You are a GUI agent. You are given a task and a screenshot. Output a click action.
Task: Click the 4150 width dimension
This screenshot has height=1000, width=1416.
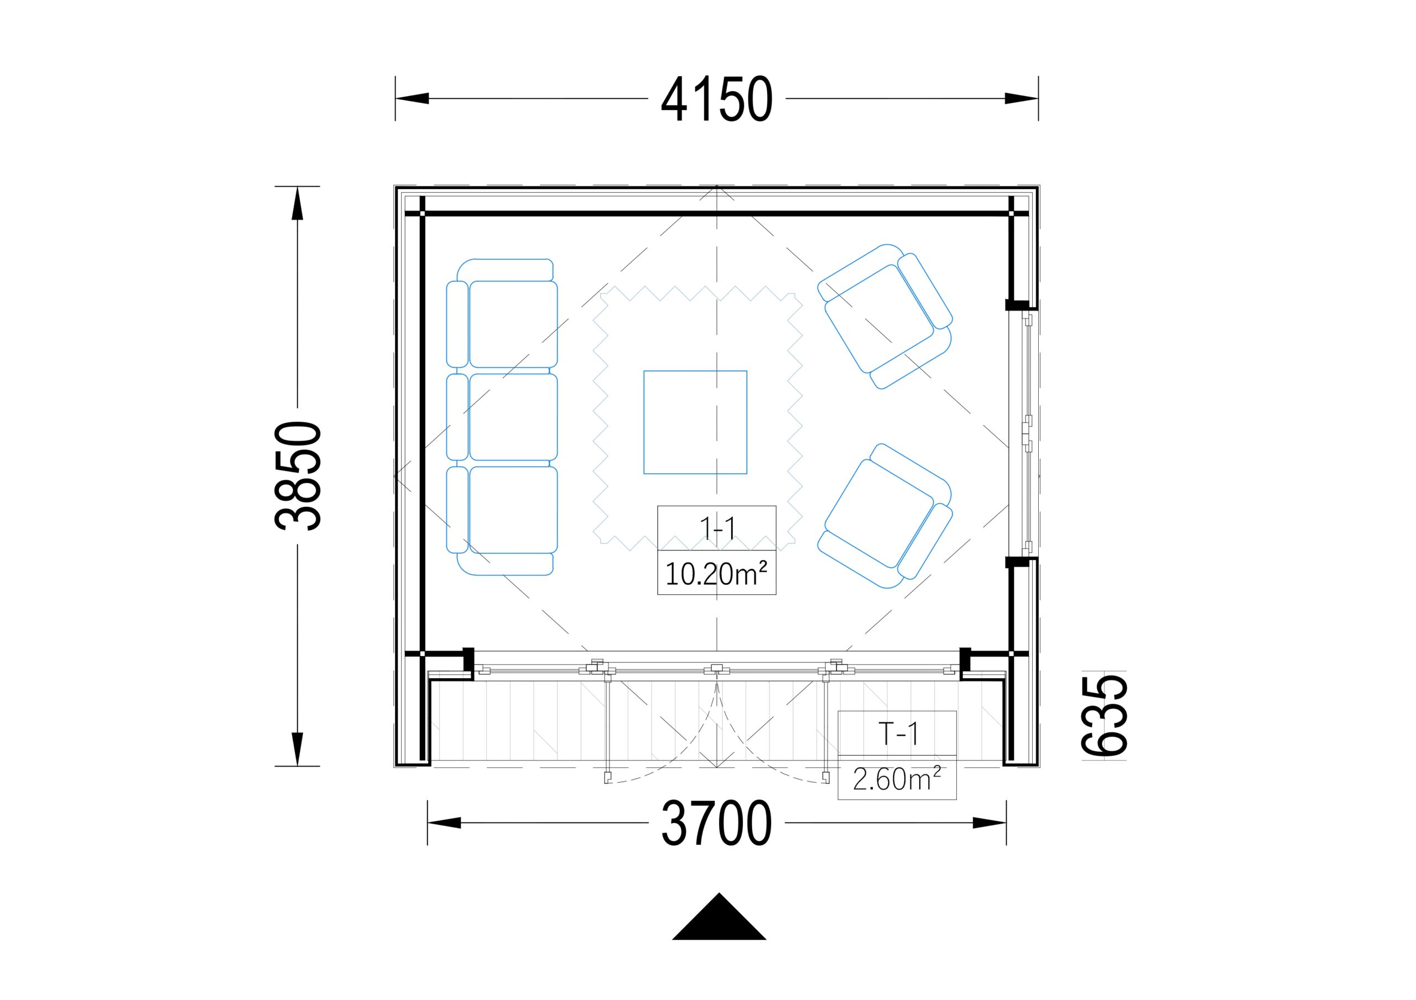coord(717,98)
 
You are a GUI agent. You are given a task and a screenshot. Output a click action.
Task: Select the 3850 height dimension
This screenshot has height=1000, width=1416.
coord(298,475)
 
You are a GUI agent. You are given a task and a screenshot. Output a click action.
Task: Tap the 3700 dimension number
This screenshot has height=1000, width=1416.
coord(717,823)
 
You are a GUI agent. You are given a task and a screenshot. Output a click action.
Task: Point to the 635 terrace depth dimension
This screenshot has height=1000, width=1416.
coord(1105,715)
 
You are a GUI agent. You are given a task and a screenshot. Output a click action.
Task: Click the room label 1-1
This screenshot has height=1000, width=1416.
coord(717,528)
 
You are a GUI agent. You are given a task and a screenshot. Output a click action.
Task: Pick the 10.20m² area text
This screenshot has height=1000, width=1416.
coord(717,574)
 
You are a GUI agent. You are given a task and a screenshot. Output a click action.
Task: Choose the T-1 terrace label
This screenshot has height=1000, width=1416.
coord(898,734)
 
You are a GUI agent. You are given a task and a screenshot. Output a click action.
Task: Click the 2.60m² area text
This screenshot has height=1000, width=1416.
coord(897,779)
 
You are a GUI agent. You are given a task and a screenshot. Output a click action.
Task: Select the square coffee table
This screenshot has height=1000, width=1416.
coord(695,422)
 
